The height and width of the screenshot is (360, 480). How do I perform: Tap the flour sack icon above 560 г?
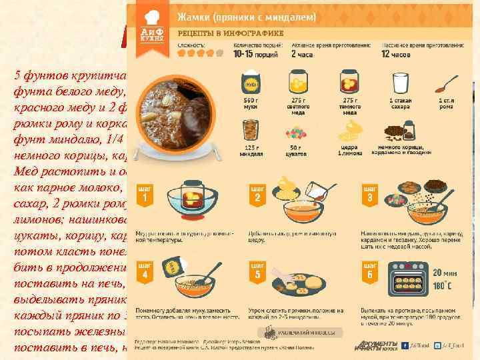pos(251,83)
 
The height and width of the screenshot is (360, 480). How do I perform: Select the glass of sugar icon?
pos(400,83)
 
